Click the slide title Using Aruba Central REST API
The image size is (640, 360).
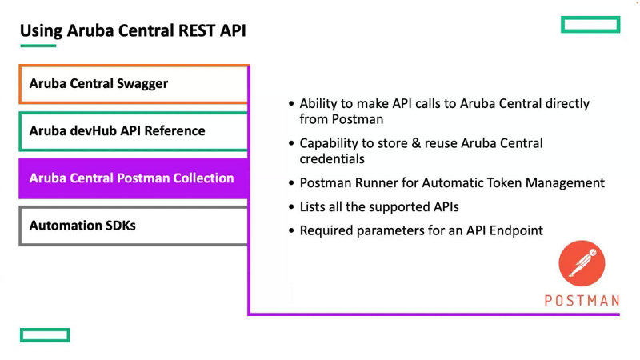133,31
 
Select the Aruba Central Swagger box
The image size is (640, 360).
133,84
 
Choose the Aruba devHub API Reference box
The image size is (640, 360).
133,131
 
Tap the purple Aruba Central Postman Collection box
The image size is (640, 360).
133,178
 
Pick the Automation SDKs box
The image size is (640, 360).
133,226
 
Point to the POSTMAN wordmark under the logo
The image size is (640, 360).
582,301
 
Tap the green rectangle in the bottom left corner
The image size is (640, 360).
45,334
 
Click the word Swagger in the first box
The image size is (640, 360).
142,83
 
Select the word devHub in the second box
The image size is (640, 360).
92,130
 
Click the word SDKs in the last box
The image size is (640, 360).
118,226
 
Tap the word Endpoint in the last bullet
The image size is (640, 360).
515,230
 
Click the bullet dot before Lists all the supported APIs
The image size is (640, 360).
290,207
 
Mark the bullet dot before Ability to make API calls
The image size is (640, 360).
290,104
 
